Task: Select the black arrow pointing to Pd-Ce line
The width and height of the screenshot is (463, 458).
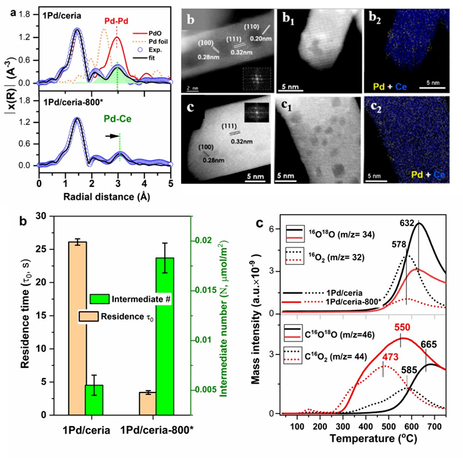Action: [110, 135]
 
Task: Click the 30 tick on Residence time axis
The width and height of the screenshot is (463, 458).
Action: [56, 216]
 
